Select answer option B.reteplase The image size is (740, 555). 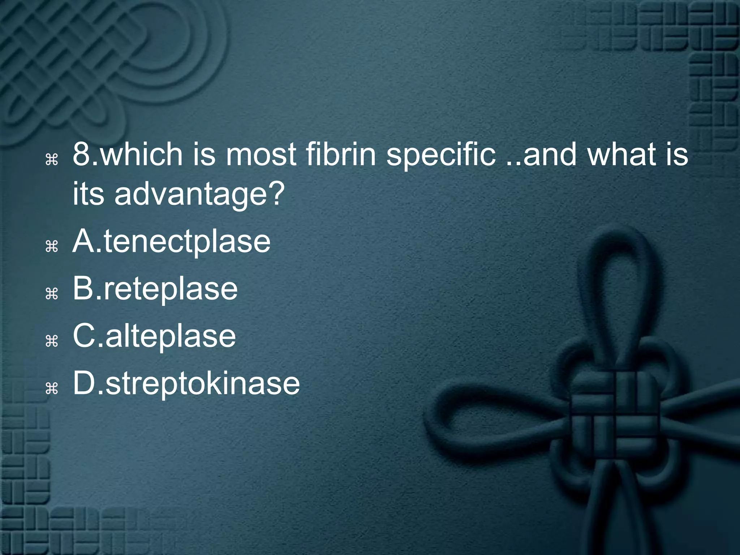(155, 289)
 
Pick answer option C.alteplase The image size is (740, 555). (154, 336)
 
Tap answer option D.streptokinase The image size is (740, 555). (186, 384)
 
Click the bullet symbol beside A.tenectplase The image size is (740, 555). (52, 247)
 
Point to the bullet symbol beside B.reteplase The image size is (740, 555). (52, 294)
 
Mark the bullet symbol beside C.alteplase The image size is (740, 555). (52, 341)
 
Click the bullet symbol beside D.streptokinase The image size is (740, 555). (52, 388)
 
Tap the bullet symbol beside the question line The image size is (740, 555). (52, 159)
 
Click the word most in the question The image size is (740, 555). (261, 155)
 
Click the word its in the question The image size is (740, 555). (88, 194)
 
